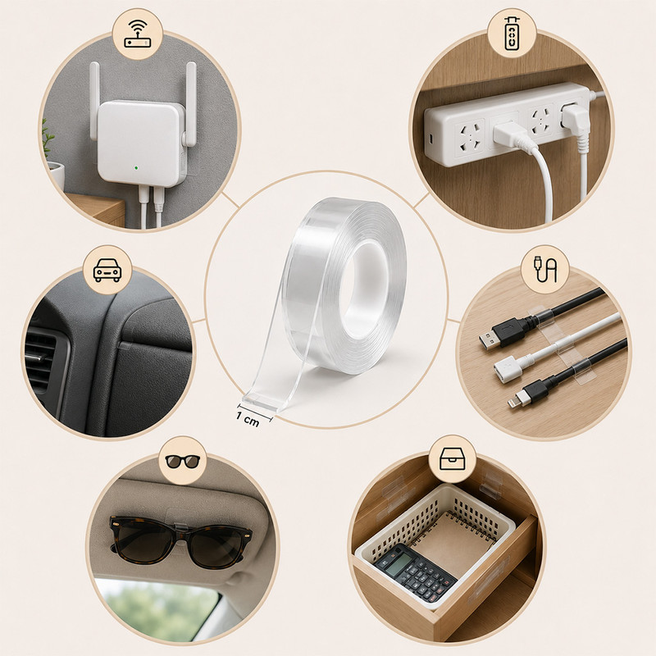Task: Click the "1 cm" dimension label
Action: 248,419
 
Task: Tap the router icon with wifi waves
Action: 137,34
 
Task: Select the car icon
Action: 107,271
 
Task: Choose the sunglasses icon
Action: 183,461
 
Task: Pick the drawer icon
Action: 453,459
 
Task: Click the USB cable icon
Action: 545,271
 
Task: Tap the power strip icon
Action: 512,34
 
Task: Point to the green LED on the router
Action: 137,168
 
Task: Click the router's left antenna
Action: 94,100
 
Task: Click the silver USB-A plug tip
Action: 489,342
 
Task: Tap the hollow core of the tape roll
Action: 363,289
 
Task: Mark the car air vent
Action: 39,360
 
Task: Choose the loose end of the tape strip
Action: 262,401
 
